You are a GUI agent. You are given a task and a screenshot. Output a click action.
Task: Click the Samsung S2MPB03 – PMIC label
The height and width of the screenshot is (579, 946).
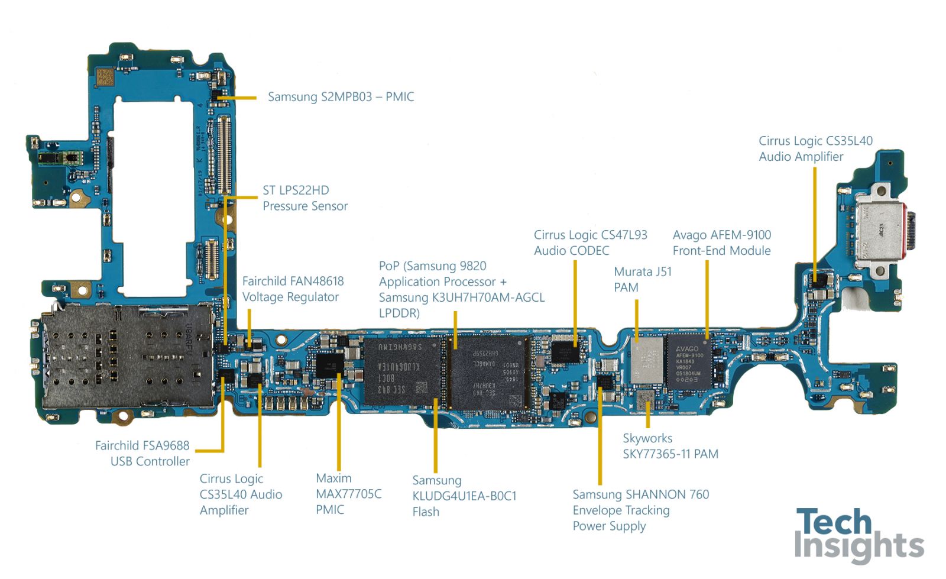[341, 97]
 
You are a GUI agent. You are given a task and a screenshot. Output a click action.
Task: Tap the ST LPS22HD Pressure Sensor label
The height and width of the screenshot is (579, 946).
[304, 198]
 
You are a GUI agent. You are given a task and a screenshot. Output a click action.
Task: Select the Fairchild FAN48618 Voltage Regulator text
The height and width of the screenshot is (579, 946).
[293, 289]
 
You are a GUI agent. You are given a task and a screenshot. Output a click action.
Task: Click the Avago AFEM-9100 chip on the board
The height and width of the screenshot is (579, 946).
[689, 362]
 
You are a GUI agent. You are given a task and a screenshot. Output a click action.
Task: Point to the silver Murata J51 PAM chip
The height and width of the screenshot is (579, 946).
[647, 360]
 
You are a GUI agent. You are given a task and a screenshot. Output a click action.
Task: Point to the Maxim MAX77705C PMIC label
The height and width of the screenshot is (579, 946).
[348, 494]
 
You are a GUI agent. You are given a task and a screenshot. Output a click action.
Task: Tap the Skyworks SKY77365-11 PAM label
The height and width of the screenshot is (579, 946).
[670, 447]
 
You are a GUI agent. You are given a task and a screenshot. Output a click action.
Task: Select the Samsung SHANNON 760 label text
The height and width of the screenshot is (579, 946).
[640, 494]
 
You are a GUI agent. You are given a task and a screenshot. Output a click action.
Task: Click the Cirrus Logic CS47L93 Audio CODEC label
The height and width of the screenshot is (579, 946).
[590, 243]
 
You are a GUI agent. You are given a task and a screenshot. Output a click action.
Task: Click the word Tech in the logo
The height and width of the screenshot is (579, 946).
[834, 522]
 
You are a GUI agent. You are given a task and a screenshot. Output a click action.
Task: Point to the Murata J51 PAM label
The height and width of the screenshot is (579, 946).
[642, 280]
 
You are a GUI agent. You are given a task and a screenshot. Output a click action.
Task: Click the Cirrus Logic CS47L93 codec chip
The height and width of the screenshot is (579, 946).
[566, 352]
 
